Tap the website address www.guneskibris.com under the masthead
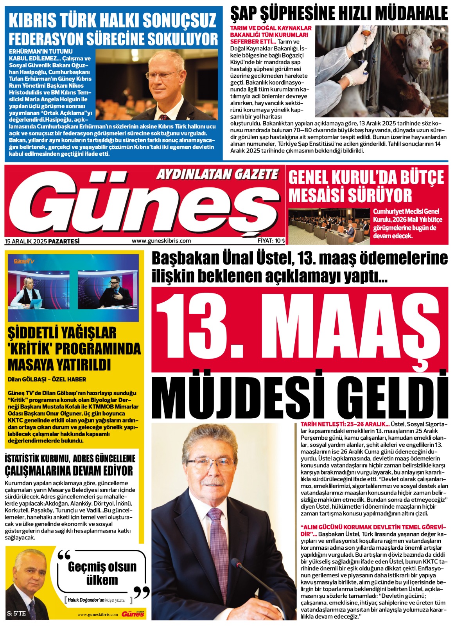click(161, 241)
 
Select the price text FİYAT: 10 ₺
click(271, 241)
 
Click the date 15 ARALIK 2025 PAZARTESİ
click(42, 241)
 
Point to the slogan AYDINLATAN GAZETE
click(217, 174)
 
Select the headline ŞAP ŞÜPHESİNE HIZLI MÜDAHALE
click(339, 14)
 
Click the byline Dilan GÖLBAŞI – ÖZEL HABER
click(47, 379)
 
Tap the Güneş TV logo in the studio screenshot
click(24, 261)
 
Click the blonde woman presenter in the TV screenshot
click(27, 291)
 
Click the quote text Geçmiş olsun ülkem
click(102, 573)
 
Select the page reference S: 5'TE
click(16, 613)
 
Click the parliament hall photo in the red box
click(328, 227)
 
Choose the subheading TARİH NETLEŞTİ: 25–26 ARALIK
click(345, 424)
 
